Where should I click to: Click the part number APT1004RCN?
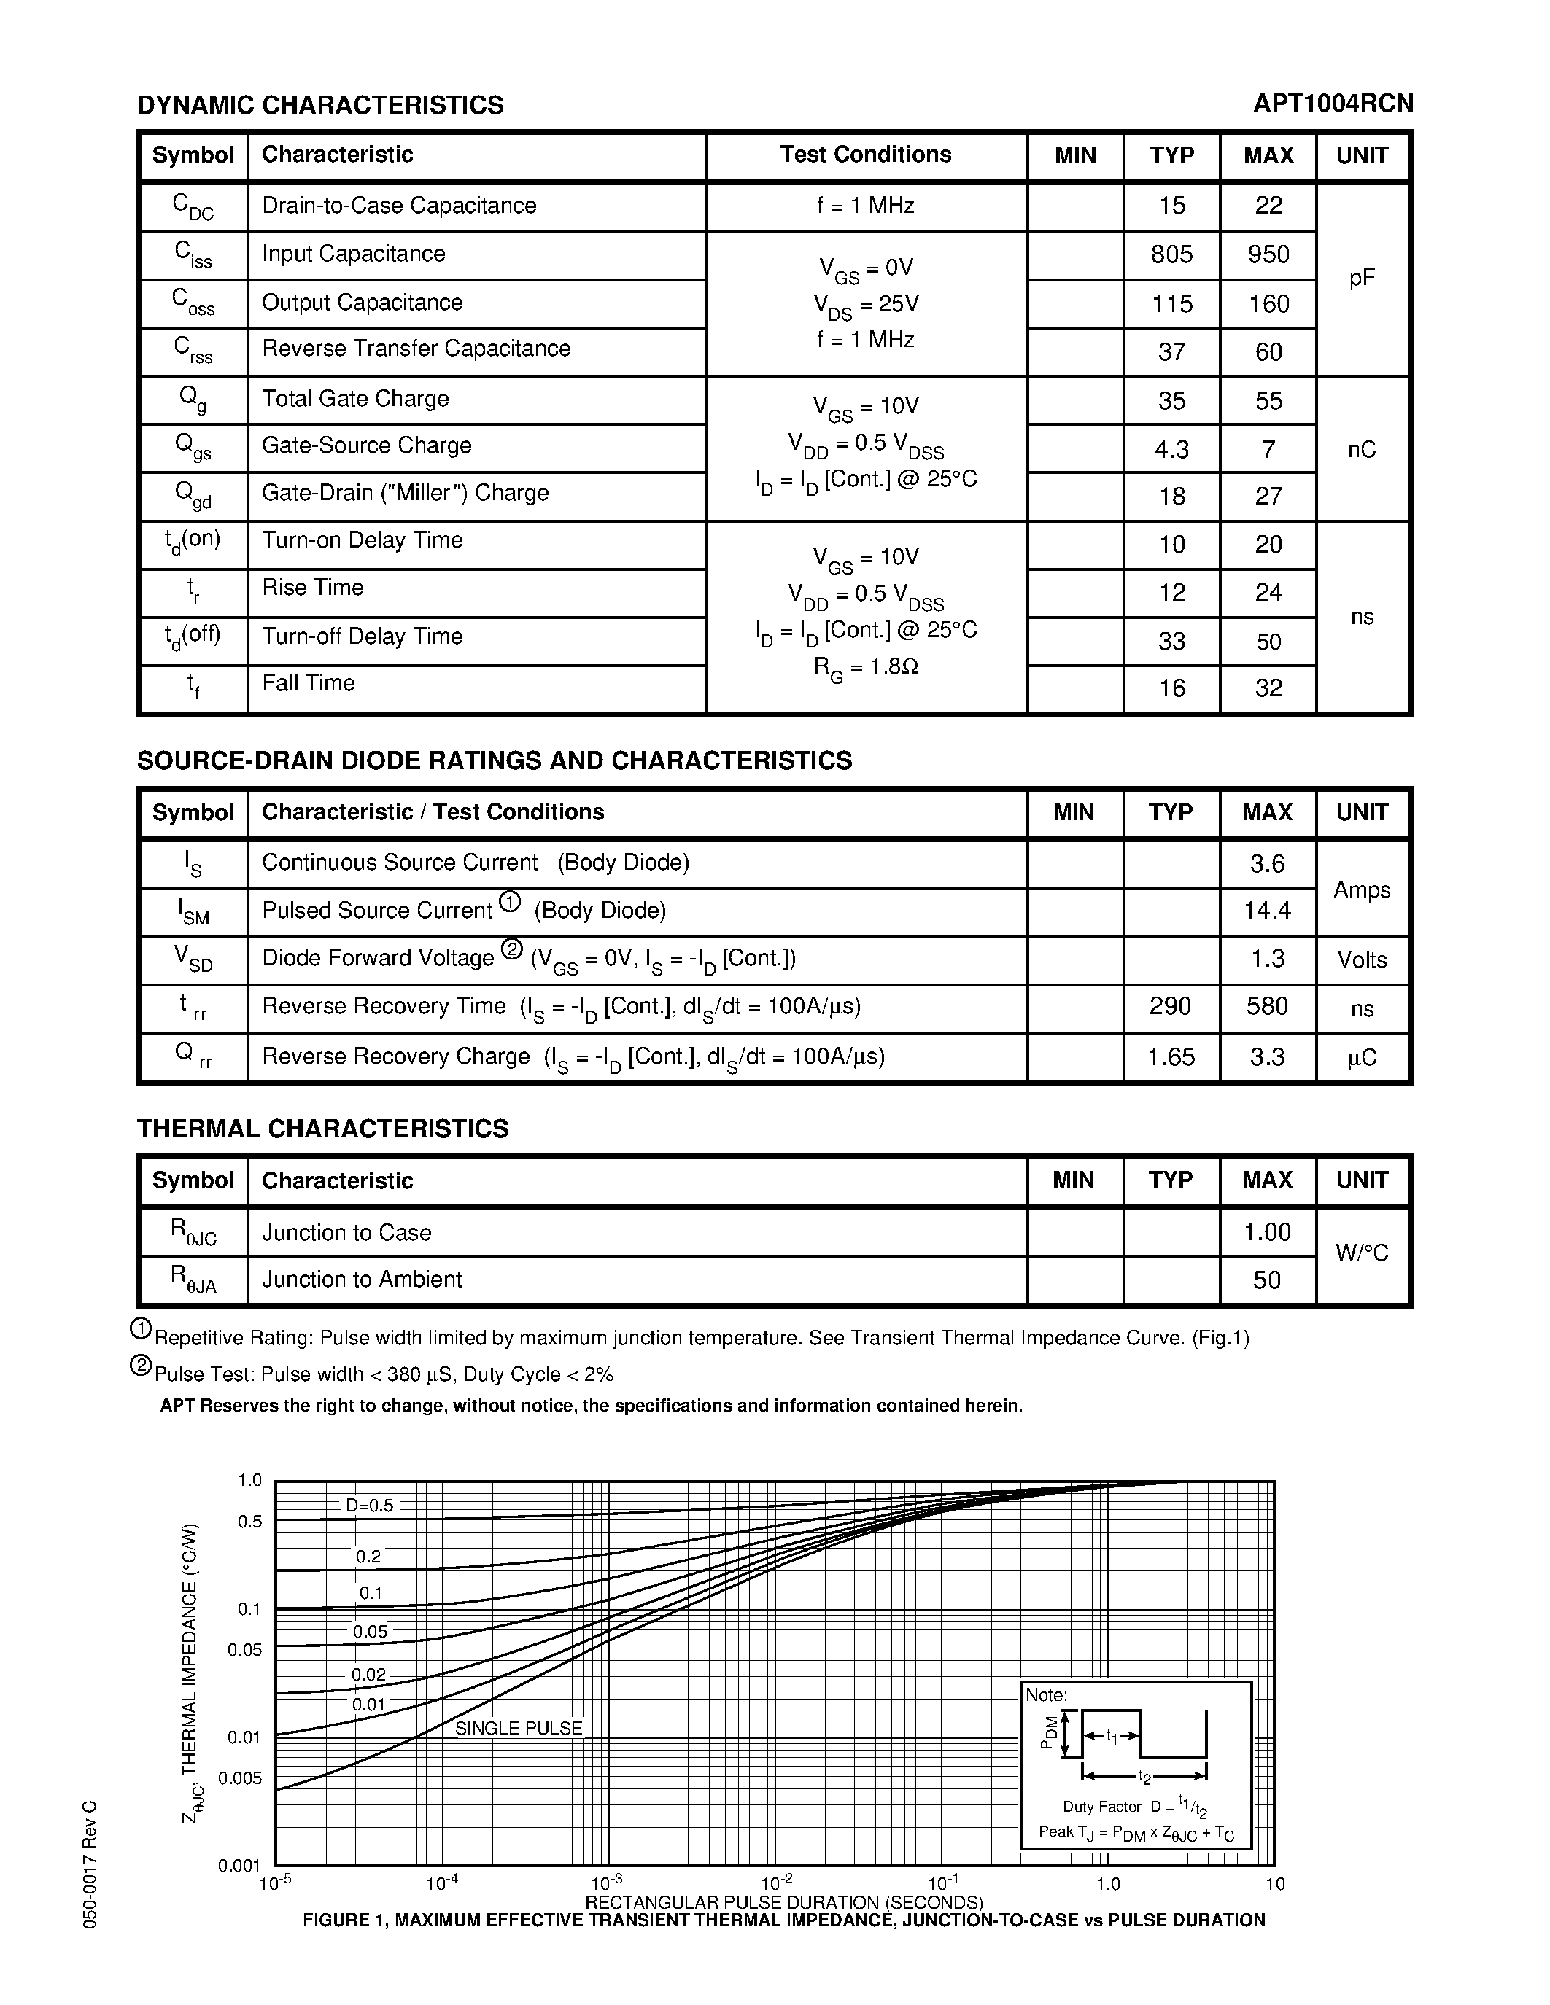coord(1333,103)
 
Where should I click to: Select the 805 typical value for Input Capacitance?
coord(1171,254)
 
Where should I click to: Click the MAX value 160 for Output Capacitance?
coord(1268,304)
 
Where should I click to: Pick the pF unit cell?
coord(1362,279)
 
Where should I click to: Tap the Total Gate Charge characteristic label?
coord(355,398)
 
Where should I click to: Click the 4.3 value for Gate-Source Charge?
coord(1171,449)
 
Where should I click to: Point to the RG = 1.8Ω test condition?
coord(866,666)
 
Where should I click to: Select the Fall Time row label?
coord(309,683)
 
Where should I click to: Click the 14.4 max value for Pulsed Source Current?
coord(1267,911)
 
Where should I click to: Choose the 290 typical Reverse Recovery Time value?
coord(1170,1006)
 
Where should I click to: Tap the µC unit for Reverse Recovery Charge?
coord(1361,1058)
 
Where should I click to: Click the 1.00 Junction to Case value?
coord(1267,1232)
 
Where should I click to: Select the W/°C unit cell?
coord(1361,1253)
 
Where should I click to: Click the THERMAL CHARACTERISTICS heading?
coord(322,1129)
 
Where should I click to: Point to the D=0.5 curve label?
coord(369,1506)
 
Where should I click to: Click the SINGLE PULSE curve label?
coord(519,1728)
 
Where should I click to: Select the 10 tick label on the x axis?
coord(1274,1884)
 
